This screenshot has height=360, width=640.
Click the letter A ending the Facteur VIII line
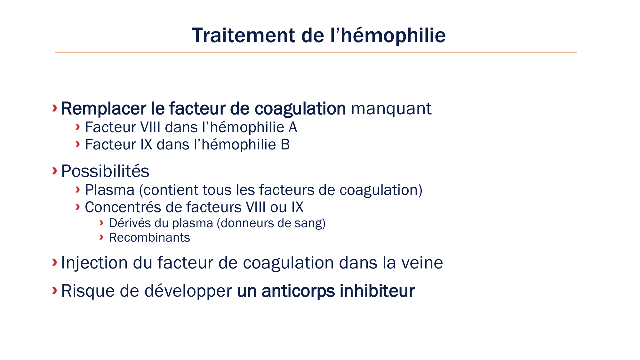293,127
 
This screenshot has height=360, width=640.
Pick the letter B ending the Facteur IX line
285,145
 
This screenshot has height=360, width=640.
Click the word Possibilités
105,171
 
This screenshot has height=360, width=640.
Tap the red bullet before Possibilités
55,171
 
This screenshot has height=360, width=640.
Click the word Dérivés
130,223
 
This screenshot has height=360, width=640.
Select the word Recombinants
149,238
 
